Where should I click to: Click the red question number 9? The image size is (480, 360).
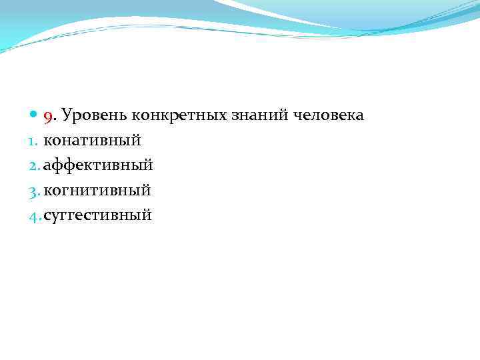tap(47, 117)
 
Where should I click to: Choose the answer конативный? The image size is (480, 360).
tap(91, 141)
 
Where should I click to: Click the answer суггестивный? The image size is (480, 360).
tap(97, 215)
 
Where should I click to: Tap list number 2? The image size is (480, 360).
tap(35, 165)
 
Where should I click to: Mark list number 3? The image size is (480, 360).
tap(35, 191)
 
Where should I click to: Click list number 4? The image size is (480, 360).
tap(35, 215)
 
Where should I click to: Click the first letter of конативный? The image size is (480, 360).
tap(48, 141)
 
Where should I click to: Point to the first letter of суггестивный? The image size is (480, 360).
tap(47, 215)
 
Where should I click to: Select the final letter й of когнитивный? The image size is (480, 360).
tap(147, 190)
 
